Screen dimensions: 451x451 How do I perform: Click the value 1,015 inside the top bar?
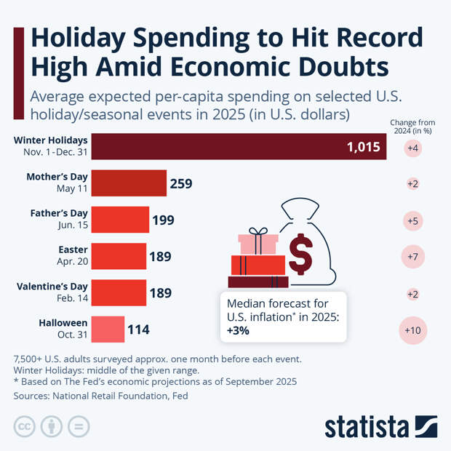[364, 147]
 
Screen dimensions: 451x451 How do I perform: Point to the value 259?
[180, 183]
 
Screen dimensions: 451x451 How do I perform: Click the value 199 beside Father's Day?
[163, 220]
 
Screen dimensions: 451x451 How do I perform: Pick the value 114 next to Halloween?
[138, 330]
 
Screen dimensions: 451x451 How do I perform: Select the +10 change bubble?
[413, 330]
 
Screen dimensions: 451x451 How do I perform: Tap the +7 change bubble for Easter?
[413, 257]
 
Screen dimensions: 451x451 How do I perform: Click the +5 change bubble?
[413, 220]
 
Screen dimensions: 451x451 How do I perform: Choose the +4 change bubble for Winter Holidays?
[413, 148]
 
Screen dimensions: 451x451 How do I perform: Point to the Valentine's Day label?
[52, 287]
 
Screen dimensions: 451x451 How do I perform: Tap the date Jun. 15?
[72, 225]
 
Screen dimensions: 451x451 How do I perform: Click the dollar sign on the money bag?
[300, 252]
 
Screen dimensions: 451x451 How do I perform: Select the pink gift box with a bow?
[259, 242]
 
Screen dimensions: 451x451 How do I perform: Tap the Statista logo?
[380, 426]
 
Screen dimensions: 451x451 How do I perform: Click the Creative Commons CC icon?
[25, 426]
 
